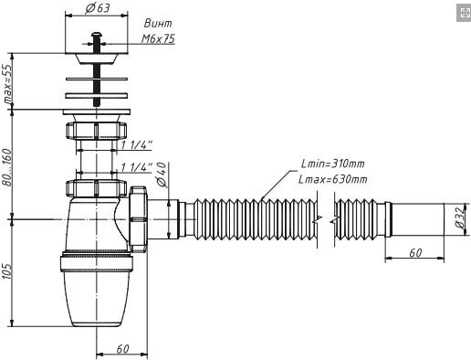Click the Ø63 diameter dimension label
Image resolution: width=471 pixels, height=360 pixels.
98,8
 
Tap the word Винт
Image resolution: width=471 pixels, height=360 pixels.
158,23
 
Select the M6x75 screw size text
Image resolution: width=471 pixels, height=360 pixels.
158,38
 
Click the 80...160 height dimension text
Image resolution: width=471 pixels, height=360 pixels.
7,167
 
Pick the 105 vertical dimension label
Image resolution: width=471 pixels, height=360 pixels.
7,271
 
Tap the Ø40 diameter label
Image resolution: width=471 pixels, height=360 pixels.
162,175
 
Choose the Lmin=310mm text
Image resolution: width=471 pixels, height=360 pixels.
332,164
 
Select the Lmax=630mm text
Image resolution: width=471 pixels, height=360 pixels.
332,179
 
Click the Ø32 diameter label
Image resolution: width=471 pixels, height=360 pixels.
460,217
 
